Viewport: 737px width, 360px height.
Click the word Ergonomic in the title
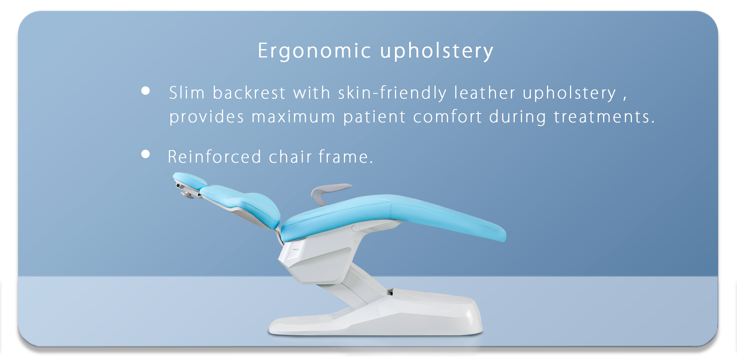click(x=314, y=51)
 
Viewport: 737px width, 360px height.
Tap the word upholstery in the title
click(x=437, y=51)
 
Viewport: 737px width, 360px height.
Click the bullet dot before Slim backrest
click(x=145, y=91)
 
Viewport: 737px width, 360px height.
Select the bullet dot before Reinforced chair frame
click(x=145, y=154)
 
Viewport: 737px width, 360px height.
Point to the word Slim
click(x=187, y=93)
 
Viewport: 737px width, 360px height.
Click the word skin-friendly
click(x=392, y=93)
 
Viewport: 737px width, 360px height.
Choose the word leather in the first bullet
click(x=485, y=93)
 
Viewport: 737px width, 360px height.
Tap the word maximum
click(x=294, y=117)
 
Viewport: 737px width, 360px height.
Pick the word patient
click(x=374, y=117)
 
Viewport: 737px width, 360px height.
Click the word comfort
click(x=447, y=117)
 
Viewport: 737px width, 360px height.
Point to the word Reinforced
click(x=215, y=157)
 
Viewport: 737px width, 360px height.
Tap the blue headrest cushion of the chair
click(x=189, y=180)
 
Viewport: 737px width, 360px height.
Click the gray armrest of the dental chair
click(x=326, y=192)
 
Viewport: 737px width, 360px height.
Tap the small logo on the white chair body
click(x=296, y=249)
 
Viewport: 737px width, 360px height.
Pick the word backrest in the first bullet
click(x=249, y=93)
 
